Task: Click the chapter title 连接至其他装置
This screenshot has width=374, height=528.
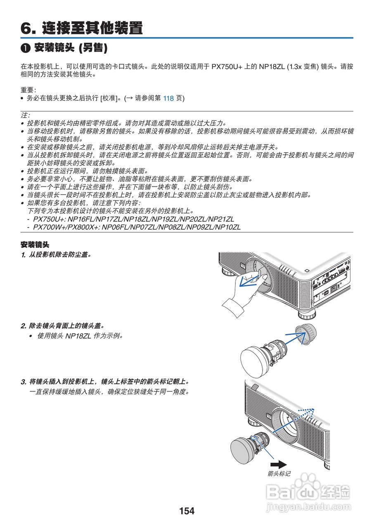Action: [x=92, y=28]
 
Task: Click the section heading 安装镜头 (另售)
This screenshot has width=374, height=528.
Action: [x=70, y=48]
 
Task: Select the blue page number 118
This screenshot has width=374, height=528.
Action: [x=168, y=98]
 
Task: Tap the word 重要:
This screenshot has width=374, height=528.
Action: [x=28, y=90]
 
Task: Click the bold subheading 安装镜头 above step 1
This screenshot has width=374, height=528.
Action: [x=35, y=245]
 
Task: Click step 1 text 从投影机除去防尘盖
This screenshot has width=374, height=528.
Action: [x=58, y=255]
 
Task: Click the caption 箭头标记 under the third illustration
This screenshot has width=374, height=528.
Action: [x=279, y=474]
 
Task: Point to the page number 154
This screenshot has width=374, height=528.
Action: [x=187, y=511]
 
